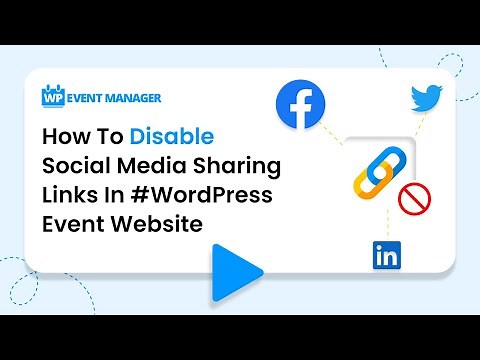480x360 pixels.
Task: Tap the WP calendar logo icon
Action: tap(53, 97)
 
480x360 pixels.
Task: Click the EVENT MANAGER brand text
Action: tap(114, 98)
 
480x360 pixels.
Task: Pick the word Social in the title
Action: tap(73, 164)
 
